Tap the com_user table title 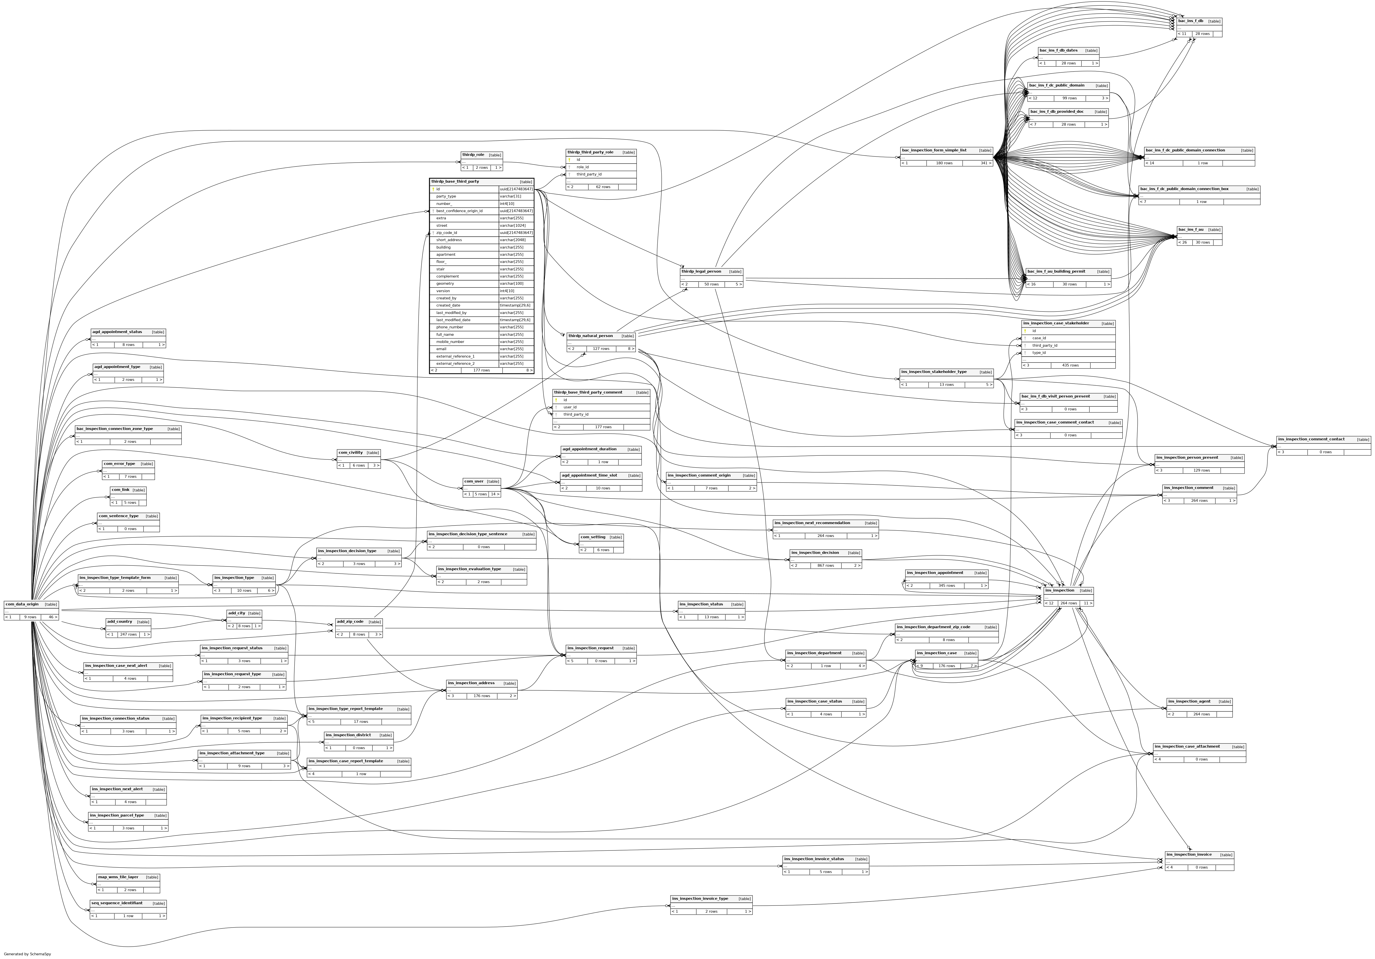click(x=474, y=481)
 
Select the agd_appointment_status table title click(x=117, y=332)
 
